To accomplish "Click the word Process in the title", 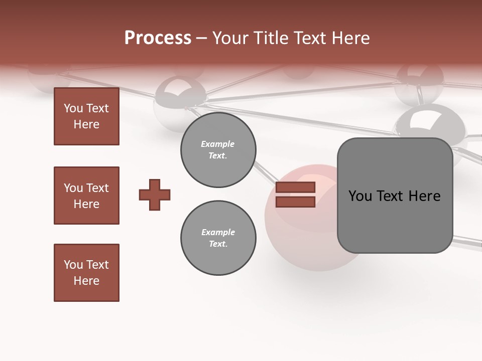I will pos(158,38).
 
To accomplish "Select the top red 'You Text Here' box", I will pos(86,116).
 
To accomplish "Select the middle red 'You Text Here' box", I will pos(86,196).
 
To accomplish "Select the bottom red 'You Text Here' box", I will pos(86,273).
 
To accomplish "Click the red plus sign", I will pos(155,195).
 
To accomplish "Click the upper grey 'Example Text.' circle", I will pos(218,149).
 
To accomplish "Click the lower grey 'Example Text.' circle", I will pos(218,238).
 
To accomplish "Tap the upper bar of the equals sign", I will pos(295,188).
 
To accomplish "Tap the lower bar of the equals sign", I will pos(295,202).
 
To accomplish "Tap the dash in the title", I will pos(201,39).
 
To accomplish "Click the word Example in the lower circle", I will pos(218,232).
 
